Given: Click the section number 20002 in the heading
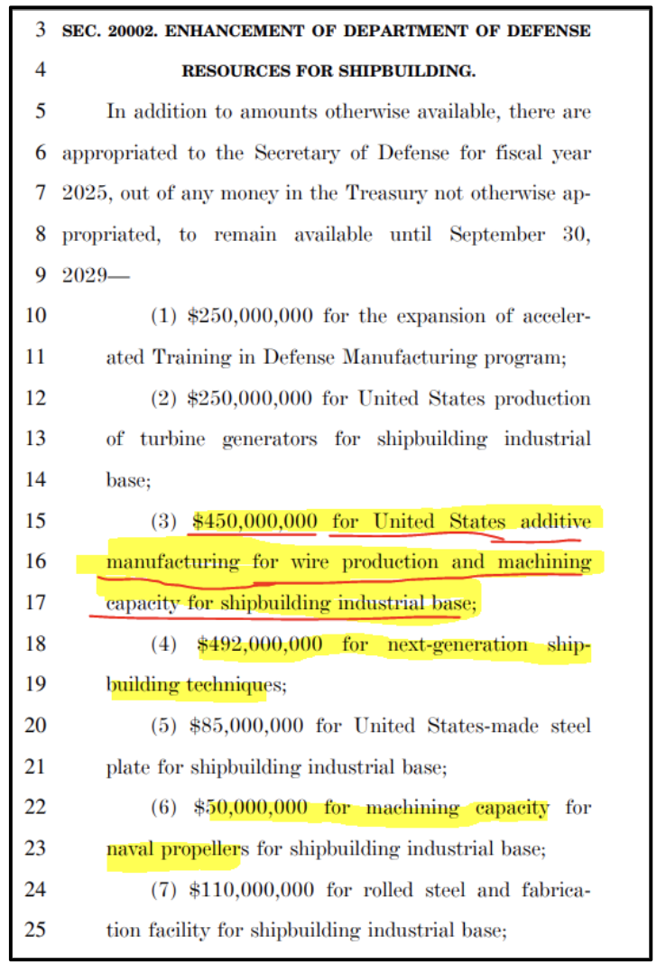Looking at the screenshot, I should click(133, 31).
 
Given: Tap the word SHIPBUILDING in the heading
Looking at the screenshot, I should click(412, 71).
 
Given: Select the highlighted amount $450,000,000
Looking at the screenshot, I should click(254, 522).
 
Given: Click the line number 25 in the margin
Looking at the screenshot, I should click(35, 931).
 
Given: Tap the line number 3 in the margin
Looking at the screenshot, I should click(40, 30).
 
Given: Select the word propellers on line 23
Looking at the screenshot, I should click(206, 848).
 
